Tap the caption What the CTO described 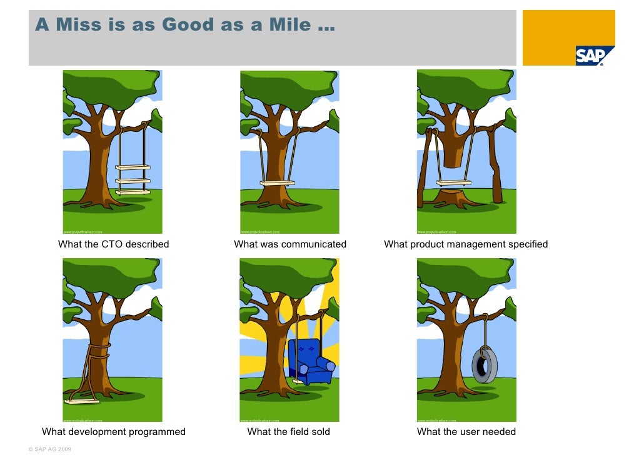(x=114, y=244)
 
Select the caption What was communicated (x=290, y=244)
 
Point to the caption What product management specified (x=466, y=244)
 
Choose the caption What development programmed (x=114, y=432)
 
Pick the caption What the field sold (x=289, y=432)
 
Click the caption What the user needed (x=466, y=432)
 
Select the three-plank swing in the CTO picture (x=133, y=179)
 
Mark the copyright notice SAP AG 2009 (x=51, y=449)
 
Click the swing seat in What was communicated (x=278, y=183)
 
